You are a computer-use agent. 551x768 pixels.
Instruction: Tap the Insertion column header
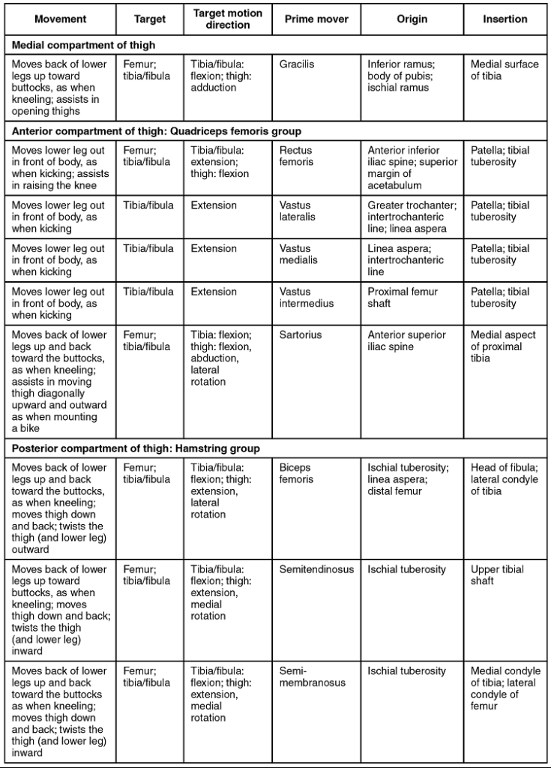point(505,19)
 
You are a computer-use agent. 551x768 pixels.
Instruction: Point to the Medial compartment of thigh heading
point(84,46)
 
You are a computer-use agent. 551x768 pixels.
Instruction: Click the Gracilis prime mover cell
point(297,64)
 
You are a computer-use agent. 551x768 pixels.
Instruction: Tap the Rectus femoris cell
point(296,156)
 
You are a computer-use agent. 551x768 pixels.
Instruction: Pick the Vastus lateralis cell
point(298,211)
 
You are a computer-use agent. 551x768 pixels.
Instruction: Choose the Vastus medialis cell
point(298,254)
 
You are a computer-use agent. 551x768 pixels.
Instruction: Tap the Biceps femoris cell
point(295,473)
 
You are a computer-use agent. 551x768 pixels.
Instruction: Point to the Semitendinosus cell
point(316,570)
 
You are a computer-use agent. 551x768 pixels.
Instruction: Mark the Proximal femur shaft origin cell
point(403,298)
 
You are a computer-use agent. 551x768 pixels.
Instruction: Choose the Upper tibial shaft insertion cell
point(497,575)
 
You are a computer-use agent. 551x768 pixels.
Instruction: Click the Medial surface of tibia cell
point(505,70)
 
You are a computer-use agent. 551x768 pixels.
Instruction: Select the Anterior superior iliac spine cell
point(406,341)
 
